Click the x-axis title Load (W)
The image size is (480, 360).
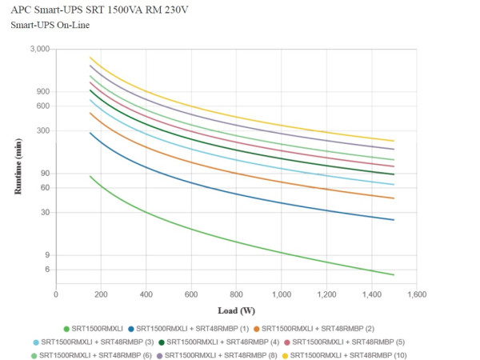236,310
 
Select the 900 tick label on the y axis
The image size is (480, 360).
43,91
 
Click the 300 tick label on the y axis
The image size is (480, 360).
43,130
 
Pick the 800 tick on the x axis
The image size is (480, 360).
236,294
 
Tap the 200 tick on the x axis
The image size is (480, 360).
101,294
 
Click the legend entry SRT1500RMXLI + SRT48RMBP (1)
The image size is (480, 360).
192,329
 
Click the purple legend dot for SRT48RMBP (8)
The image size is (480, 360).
160,354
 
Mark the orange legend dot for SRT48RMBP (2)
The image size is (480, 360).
256,329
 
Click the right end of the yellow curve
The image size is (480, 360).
394,142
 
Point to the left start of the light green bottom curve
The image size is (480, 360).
90,176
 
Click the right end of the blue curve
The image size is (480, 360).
394,220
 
